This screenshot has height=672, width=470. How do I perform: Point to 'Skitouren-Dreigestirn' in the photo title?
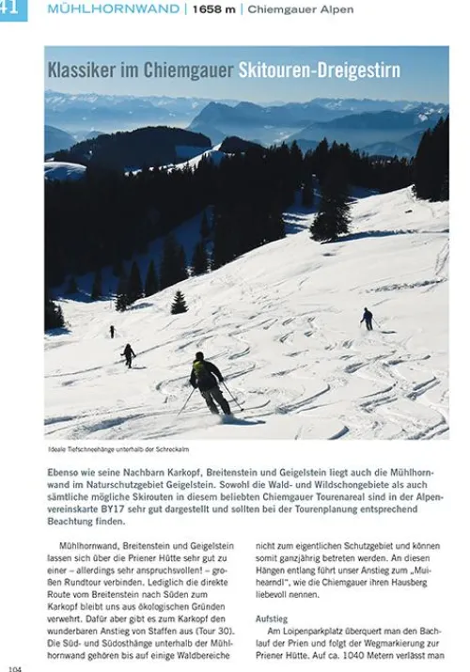(x=318, y=70)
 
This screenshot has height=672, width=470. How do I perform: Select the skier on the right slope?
(x=367, y=319)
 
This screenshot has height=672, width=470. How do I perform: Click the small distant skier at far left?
(x=111, y=331)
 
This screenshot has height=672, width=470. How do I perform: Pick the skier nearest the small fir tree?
(x=128, y=354)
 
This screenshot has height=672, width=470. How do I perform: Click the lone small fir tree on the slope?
(x=179, y=302)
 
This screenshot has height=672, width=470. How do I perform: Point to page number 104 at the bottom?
(x=14, y=667)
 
